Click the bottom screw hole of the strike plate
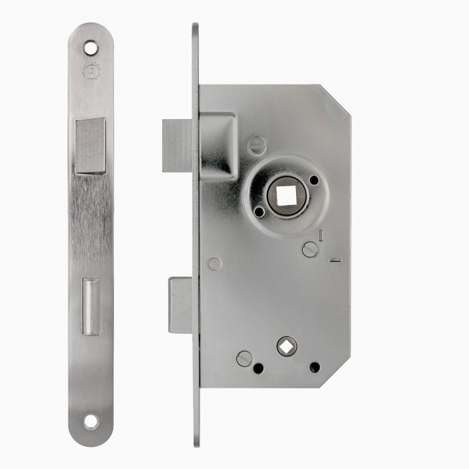[90, 421]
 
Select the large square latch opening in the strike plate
[90, 146]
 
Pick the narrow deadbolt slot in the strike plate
[90, 307]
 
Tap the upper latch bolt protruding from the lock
[177, 145]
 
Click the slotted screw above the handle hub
[257, 145]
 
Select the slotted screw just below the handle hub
[309, 249]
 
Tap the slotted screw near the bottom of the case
[245, 358]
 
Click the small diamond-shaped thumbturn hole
[287, 346]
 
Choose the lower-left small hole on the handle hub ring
[259, 211]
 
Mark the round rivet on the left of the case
[214, 264]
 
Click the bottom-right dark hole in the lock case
[314, 367]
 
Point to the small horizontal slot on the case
[336, 260]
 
